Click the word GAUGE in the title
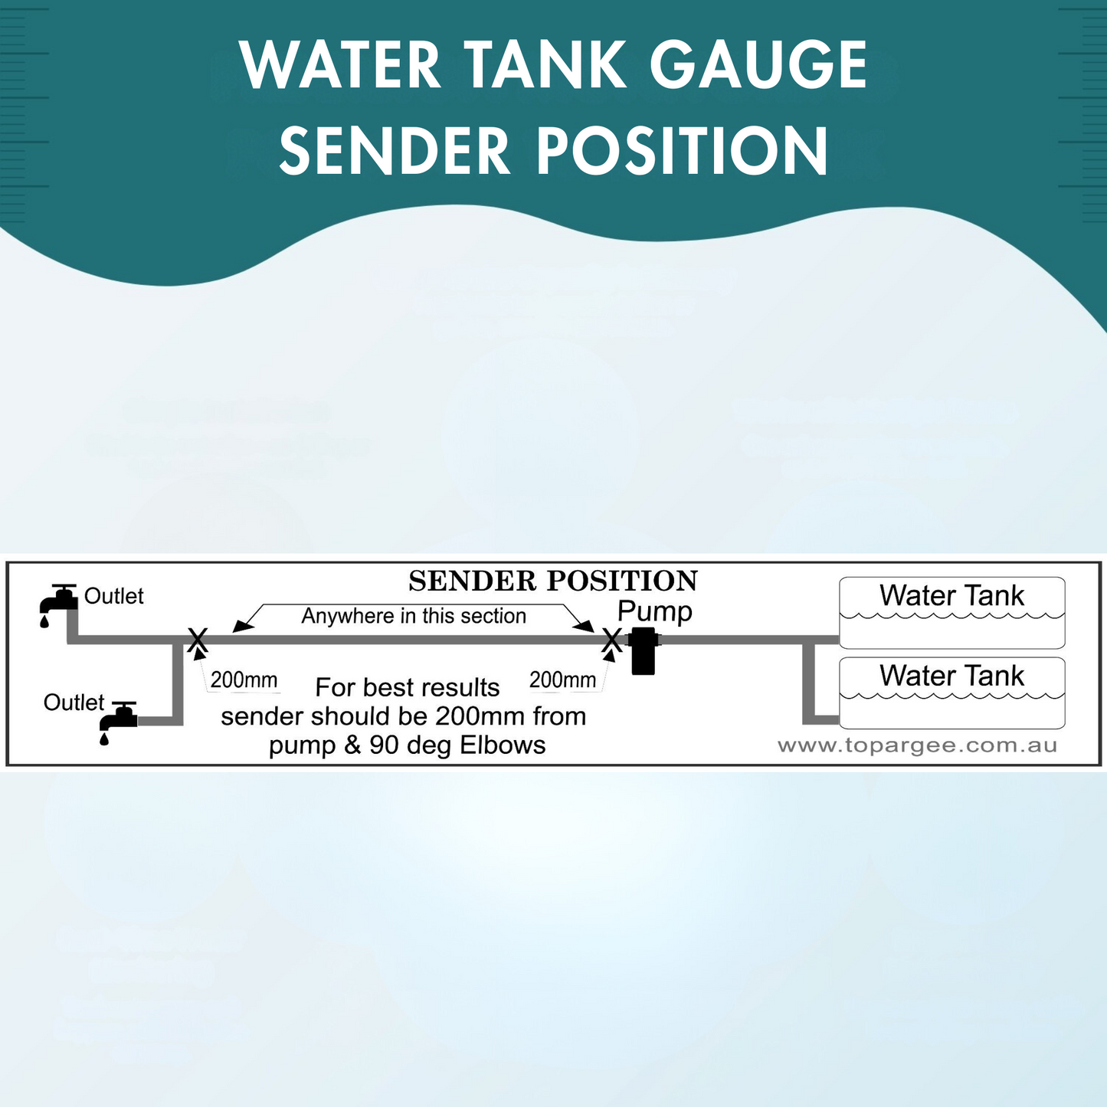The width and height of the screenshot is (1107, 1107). tap(758, 65)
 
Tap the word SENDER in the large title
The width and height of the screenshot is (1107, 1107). tap(395, 151)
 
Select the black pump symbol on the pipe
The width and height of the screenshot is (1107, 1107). tap(643, 650)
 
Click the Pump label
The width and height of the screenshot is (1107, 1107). tap(654, 611)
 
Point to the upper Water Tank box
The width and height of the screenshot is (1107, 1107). tap(951, 612)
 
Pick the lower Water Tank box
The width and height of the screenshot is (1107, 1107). tap(951, 693)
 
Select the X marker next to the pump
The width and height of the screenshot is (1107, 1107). tap(611, 639)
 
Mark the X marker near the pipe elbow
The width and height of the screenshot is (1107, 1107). tap(198, 639)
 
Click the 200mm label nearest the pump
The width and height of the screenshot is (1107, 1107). tap(562, 680)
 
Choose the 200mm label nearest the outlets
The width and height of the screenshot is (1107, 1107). tap(244, 680)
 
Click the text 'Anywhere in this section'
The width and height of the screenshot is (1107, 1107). tap(414, 616)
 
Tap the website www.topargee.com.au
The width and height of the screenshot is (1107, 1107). tap(917, 746)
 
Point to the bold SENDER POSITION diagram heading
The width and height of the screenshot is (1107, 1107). tap(552, 581)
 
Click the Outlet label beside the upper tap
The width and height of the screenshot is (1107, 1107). tap(113, 596)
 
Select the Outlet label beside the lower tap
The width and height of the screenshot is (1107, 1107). tap(74, 703)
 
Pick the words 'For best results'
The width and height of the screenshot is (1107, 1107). tap(407, 688)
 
